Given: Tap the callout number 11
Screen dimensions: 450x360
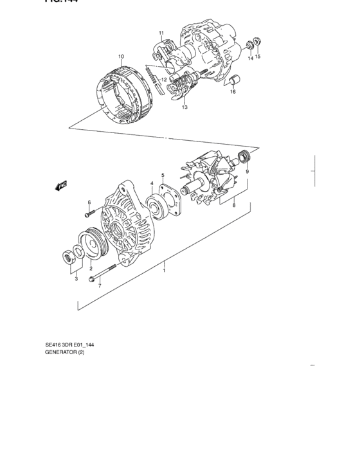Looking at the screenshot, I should point(161,33).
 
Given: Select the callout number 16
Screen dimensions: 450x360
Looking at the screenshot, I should point(233,92).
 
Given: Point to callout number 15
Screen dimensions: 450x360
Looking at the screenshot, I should point(258,57).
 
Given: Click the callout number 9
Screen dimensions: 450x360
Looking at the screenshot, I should point(247,172).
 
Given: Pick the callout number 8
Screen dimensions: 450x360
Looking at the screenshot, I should point(233,206).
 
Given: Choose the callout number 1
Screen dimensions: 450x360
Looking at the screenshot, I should point(164,271).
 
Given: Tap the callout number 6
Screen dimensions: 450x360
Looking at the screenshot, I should point(88,203).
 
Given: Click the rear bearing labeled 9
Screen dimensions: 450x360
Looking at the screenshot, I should point(244,156).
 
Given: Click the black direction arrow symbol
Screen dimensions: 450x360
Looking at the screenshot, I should point(61,186).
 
